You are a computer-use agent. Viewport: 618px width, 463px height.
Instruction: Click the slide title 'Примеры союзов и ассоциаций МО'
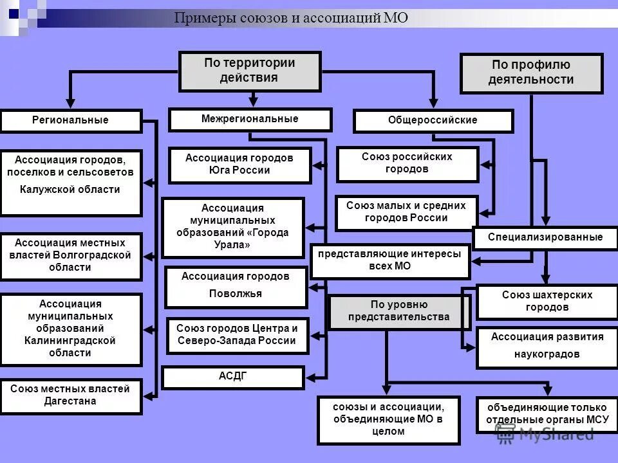pyautogui.click(x=291, y=18)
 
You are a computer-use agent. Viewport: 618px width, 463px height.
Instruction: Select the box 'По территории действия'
pyautogui.click(x=250, y=71)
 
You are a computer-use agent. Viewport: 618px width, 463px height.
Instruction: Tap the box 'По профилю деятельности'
pyautogui.click(x=531, y=73)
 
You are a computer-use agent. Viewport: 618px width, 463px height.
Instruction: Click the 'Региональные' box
pyautogui.click(x=71, y=120)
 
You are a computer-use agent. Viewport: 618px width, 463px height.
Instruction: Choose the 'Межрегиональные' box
pyautogui.click(x=250, y=119)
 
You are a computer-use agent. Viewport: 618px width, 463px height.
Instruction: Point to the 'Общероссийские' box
pyautogui.click(x=433, y=120)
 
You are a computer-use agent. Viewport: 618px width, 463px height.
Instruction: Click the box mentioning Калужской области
pyautogui.click(x=71, y=182)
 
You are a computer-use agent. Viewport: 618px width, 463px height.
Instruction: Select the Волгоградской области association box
pyautogui.click(x=71, y=256)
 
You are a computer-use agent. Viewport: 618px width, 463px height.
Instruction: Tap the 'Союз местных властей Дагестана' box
pyautogui.click(x=71, y=395)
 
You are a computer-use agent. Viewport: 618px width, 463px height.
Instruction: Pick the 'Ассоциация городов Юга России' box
pyautogui.click(x=239, y=165)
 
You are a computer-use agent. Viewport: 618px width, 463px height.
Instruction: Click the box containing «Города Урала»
pyautogui.click(x=233, y=227)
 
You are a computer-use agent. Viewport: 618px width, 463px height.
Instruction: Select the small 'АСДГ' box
pyautogui.click(x=232, y=377)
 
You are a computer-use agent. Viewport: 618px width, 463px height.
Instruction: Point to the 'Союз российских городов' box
pyautogui.click(x=407, y=163)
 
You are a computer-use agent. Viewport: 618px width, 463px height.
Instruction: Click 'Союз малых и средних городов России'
pyautogui.click(x=406, y=212)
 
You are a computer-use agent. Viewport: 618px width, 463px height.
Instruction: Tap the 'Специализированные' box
pyautogui.click(x=545, y=237)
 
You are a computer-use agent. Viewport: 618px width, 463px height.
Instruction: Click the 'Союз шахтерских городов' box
pyautogui.click(x=547, y=301)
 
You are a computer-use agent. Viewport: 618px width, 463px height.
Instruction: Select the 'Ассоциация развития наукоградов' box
pyautogui.click(x=547, y=347)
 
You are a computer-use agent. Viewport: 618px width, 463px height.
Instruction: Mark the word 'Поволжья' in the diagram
pyautogui.click(x=235, y=294)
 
